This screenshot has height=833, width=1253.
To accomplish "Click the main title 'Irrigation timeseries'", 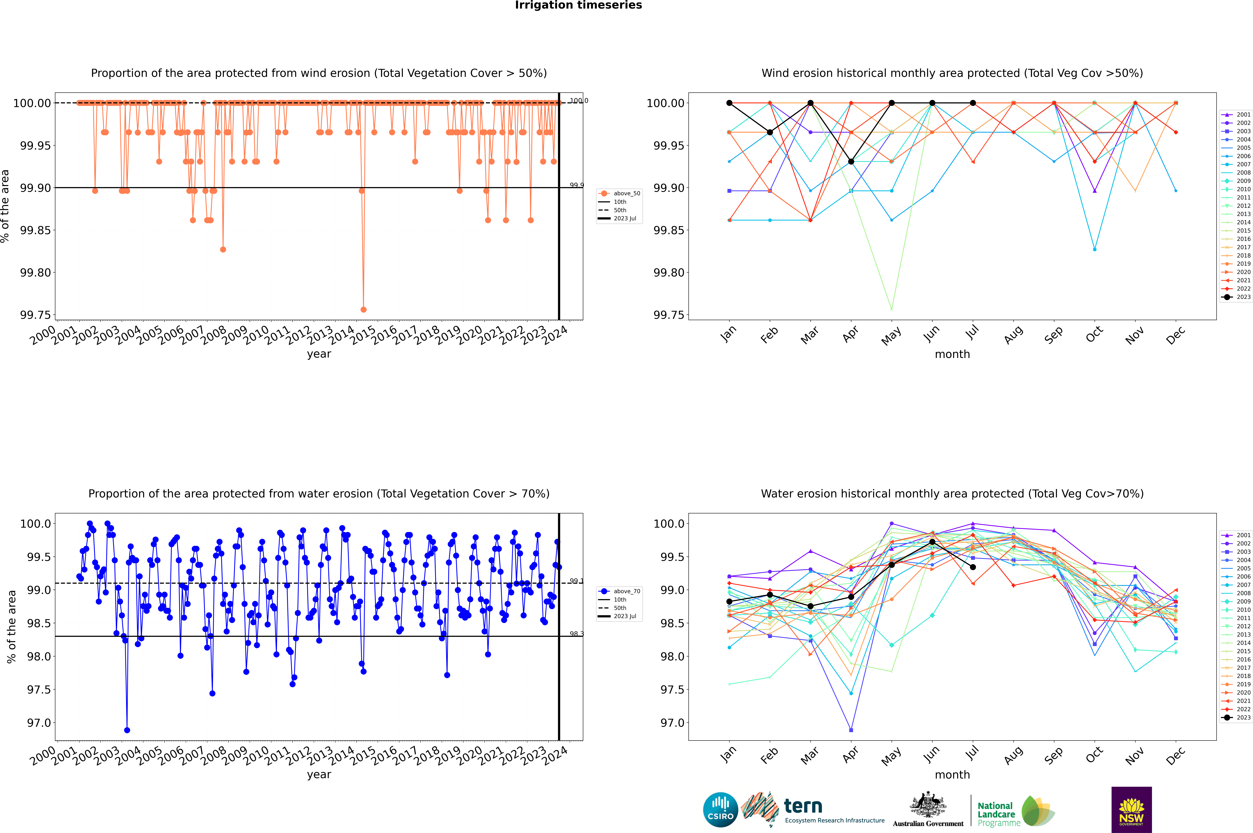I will pos(578,5).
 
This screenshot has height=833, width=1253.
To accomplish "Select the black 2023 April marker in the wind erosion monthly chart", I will pos(851,162).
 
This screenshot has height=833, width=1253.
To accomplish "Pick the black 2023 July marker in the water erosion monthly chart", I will pos(973,567).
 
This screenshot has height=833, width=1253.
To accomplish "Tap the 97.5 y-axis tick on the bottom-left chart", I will pos(39,690).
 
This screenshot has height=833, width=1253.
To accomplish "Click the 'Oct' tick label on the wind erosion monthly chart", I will pos(1094,335).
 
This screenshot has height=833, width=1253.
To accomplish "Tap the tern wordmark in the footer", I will pos(803,806).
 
